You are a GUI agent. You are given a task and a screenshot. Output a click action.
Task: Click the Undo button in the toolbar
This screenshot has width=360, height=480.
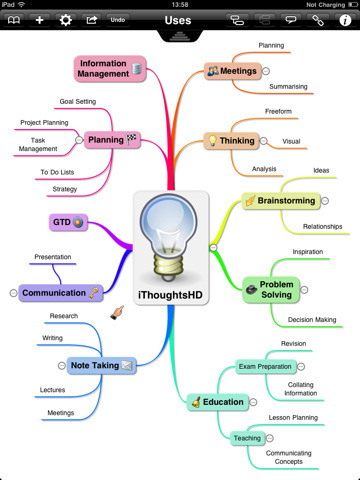coord(118,19)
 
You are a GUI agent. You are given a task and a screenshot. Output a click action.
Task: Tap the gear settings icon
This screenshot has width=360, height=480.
coord(66,19)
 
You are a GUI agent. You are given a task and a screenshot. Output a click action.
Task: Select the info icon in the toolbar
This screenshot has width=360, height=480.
coord(345,19)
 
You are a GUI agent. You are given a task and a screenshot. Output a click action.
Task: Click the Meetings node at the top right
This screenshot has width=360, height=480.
coord(234,71)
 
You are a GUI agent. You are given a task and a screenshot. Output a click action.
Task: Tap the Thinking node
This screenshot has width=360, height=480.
coord(232,141)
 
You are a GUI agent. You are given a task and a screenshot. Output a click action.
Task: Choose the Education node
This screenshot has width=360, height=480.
coord(217,402)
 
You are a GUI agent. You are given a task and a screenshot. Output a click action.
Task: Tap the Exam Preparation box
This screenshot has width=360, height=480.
coord(265,367)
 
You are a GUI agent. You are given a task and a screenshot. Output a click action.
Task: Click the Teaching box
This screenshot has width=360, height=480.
coord(247,438)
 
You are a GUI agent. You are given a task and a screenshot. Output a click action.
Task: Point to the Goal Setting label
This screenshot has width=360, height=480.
coord(77,102)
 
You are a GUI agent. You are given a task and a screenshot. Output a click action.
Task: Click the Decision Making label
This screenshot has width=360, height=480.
coord(312,320)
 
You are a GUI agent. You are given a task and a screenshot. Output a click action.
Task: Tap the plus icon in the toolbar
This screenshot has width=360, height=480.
coord(39,19)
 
